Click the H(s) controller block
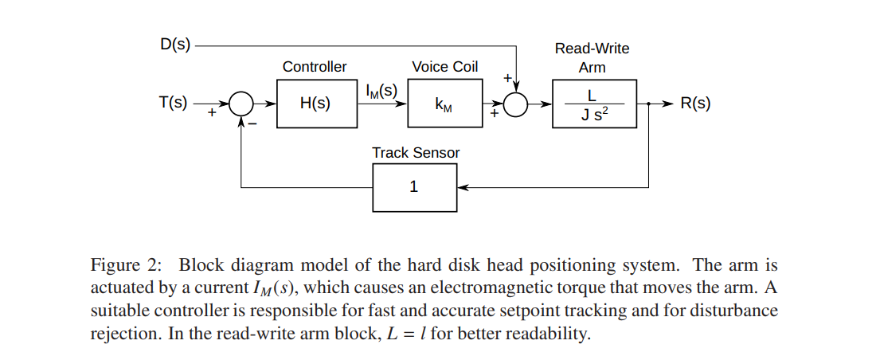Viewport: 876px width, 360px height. [x=316, y=104]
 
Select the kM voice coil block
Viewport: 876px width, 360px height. [x=444, y=104]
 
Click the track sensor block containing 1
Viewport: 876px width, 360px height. [x=414, y=187]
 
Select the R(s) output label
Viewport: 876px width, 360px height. [x=695, y=104]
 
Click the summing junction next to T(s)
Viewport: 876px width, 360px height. [x=241, y=104]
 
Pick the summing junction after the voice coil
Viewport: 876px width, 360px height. [x=516, y=104]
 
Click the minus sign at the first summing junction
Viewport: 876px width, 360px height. [x=252, y=123]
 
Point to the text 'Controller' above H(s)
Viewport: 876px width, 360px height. [x=315, y=67]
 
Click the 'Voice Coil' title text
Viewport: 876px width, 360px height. [x=444, y=67]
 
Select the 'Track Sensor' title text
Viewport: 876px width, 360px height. [x=416, y=152]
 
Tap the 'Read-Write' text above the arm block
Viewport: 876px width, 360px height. [x=592, y=49]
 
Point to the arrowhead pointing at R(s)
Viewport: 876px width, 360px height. [x=667, y=104]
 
